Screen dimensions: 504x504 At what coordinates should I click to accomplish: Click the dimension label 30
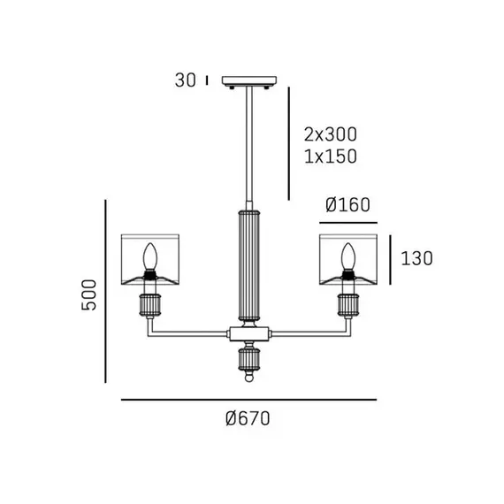185,80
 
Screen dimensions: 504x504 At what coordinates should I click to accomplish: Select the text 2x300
331,134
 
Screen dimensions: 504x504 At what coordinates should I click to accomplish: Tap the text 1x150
331,157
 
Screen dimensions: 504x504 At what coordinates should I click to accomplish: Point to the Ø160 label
347,205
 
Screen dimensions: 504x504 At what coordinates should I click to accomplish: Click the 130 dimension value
416,258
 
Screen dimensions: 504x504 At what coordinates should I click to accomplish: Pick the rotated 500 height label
89,294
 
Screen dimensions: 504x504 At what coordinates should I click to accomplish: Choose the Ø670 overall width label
248,418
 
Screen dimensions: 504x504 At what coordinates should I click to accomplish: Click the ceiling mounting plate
249,80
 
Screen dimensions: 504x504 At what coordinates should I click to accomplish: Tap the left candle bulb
149,256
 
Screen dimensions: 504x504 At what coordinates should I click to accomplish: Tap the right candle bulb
347,256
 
